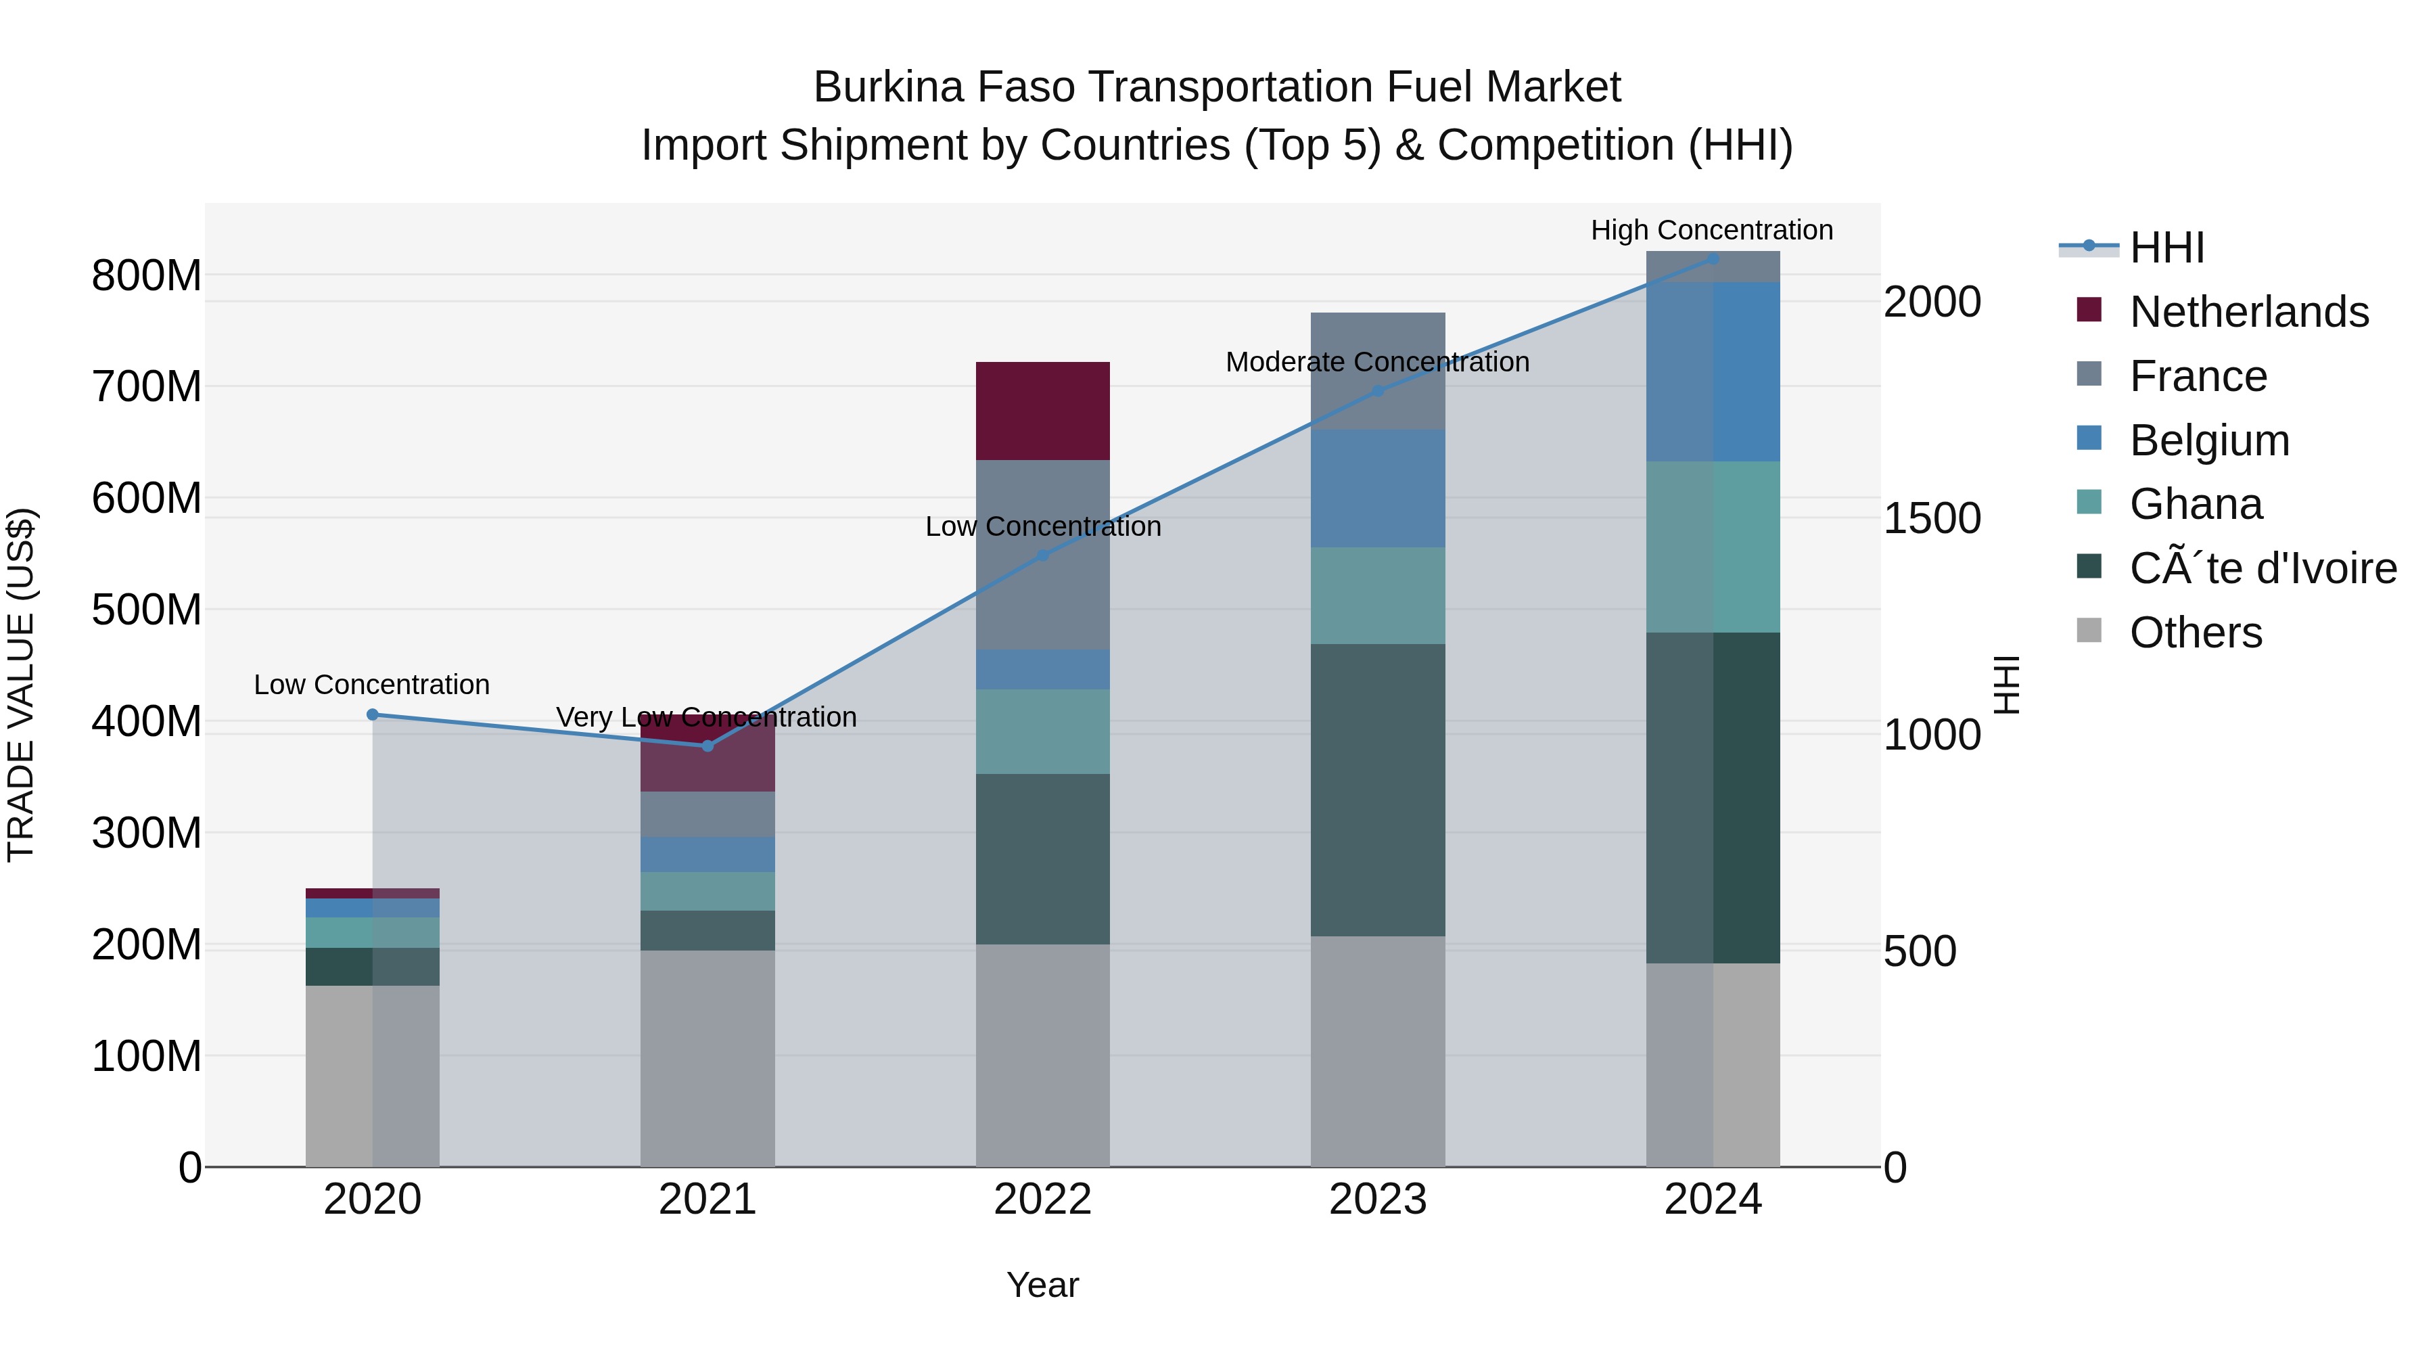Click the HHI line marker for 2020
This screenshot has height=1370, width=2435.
[x=373, y=715]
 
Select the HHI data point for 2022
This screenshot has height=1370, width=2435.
[x=1042, y=555]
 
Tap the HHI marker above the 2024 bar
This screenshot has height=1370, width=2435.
[x=1713, y=258]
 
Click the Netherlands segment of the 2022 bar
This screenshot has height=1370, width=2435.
[x=1042, y=411]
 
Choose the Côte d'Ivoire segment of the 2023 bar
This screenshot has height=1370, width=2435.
[x=1377, y=790]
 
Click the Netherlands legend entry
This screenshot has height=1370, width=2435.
[x=2249, y=312]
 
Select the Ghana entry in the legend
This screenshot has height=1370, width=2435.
[x=2196, y=504]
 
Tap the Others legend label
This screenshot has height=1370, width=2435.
[x=2196, y=633]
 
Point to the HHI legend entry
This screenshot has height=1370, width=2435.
[x=2166, y=248]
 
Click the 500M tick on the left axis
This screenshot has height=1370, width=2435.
[x=147, y=610]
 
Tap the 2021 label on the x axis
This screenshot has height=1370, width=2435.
[x=707, y=1200]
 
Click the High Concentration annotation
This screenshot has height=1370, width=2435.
[x=1711, y=230]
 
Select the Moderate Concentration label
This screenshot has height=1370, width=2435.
[x=1377, y=362]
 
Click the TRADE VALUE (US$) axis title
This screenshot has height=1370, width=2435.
[x=21, y=685]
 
